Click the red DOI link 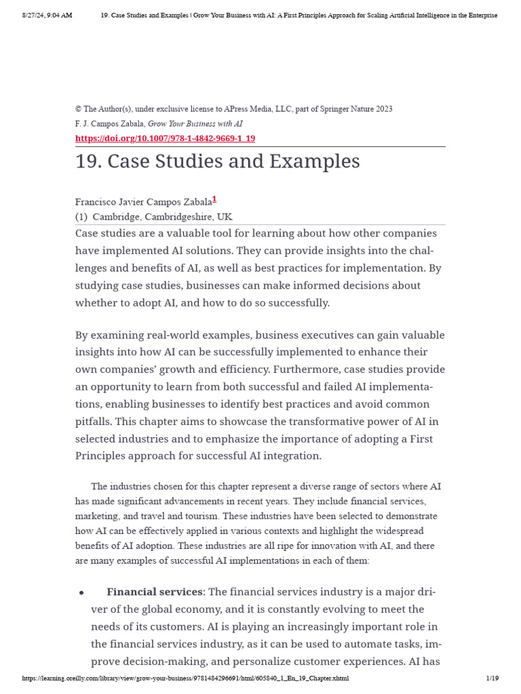coord(165,138)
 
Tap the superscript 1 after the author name coord(214,199)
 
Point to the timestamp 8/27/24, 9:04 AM coord(47,15)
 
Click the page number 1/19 coord(492,678)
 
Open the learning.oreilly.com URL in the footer coord(185,678)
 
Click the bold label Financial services coord(155,592)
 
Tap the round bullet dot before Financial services coord(81,593)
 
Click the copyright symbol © coord(78,109)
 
